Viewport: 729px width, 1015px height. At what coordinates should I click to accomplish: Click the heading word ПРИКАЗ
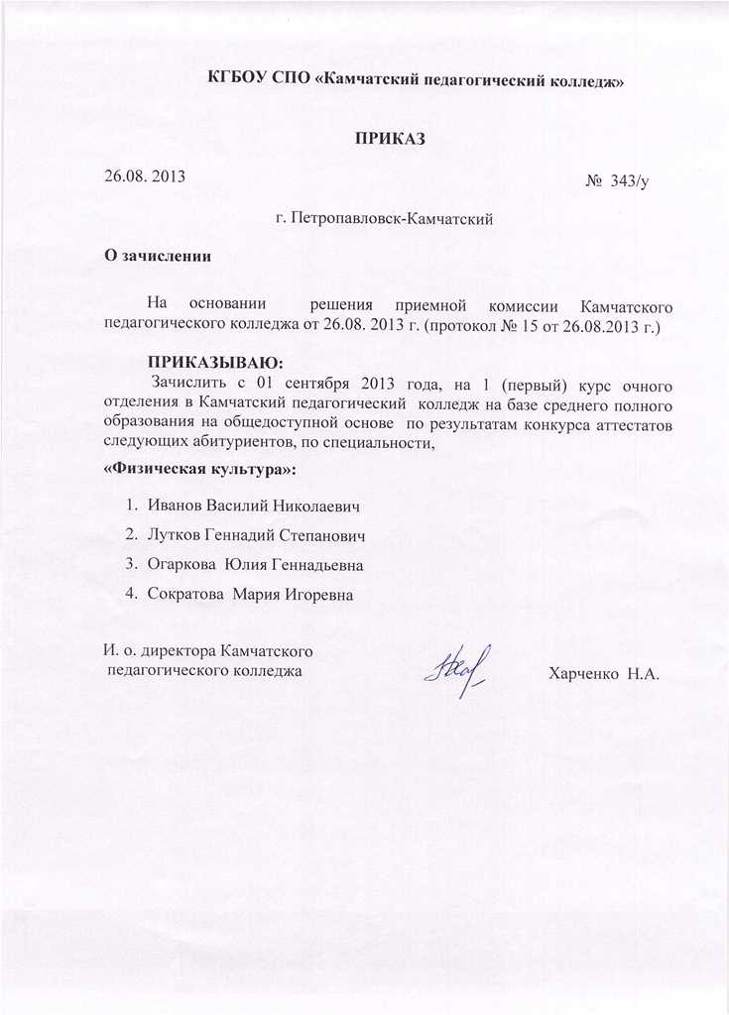pos(390,138)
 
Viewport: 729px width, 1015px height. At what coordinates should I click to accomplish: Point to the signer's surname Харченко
pos(582,673)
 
